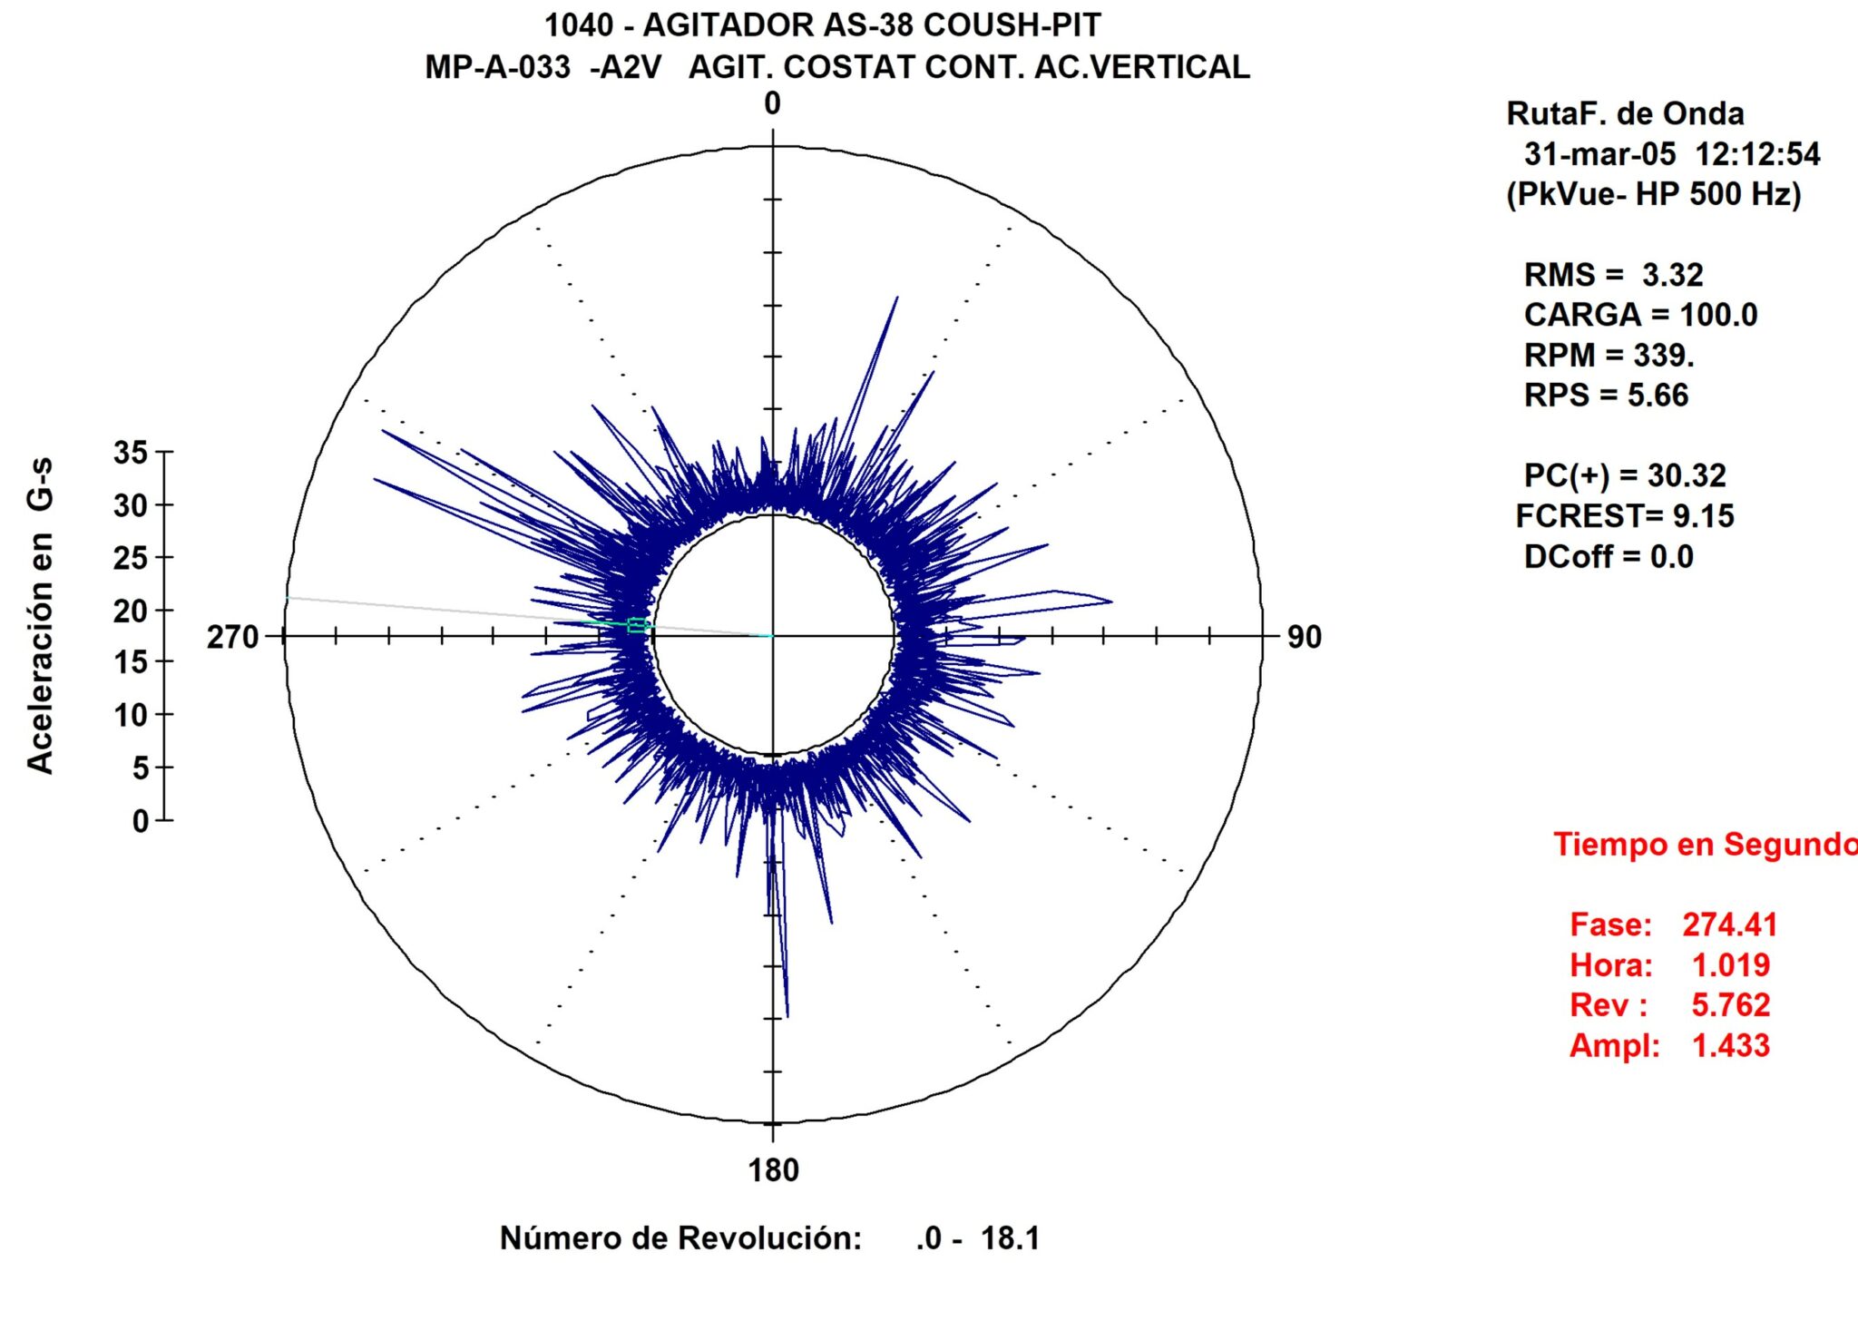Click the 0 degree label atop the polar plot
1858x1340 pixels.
coord(772,103)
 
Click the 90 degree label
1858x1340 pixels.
coord(1304,637)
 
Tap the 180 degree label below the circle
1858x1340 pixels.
coord(773,1170)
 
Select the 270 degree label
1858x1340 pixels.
coord(233,637)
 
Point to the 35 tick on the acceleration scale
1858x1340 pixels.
coord(131,452)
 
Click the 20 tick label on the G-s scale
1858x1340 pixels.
coord(131,611)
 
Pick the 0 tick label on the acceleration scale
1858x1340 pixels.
coord(141,821)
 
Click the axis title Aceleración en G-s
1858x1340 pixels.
coord(40,616)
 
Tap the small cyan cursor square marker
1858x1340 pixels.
coord(637,625)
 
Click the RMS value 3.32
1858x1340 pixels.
coord(1672,275)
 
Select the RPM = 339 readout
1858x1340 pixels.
coord(1609,355)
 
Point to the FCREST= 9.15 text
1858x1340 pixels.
coord(1624,516)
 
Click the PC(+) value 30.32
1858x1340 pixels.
coord(1686,475)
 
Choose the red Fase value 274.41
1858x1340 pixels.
coord(1729,924)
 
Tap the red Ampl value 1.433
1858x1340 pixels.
coord(1730,1045)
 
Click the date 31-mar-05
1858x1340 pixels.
coord(1599,154)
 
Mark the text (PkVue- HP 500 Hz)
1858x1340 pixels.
coord(1653,194)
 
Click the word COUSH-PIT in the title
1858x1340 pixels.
coord(1012,25)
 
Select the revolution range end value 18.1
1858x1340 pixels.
coord(1010,1238)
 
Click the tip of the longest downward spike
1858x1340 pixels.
coord(787,1016)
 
